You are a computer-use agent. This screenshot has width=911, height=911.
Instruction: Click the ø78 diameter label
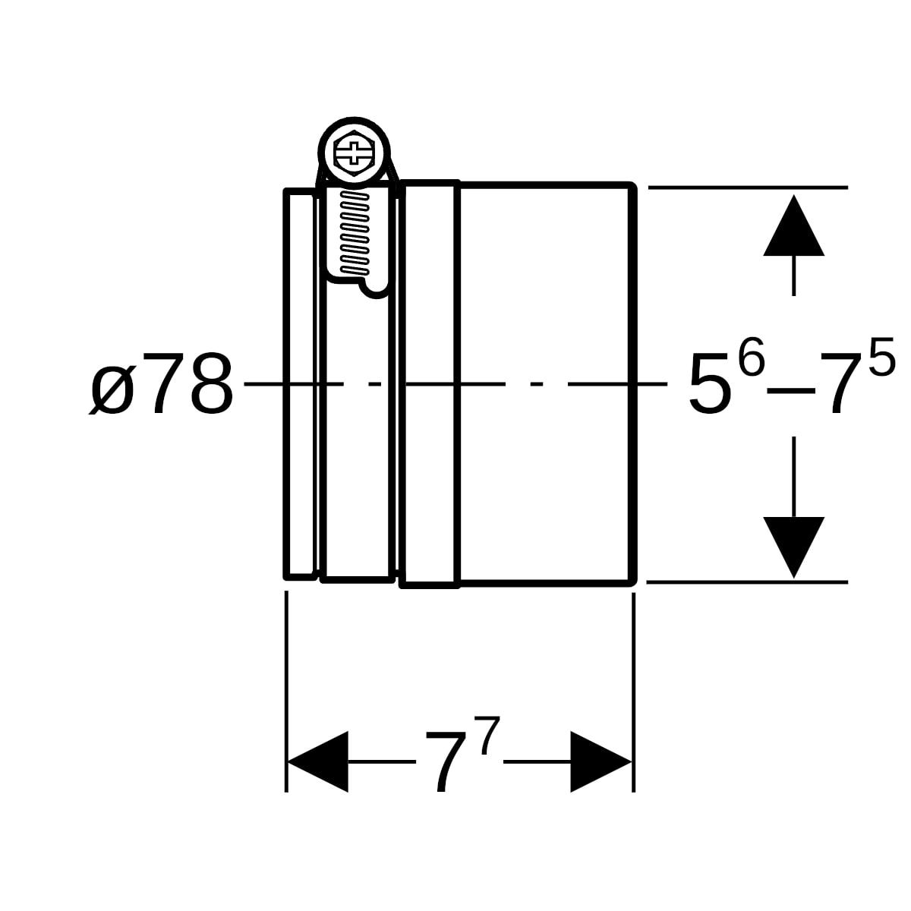[161, 383]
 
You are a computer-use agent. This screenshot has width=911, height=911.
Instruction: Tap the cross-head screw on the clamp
[354, 153]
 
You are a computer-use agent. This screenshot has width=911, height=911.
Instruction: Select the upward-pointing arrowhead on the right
[794, 225]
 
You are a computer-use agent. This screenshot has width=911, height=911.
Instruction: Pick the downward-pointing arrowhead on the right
[794, 547]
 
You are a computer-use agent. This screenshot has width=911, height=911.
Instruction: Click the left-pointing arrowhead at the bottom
[317, 761]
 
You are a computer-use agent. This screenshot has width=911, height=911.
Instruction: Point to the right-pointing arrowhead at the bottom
[601, 761]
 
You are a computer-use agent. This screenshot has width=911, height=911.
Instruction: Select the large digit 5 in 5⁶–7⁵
[708, 383]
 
